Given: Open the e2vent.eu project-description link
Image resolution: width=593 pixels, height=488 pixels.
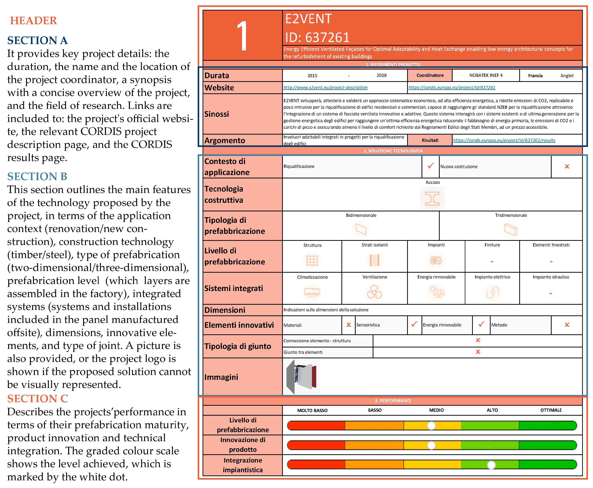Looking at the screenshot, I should (x=325, y=87).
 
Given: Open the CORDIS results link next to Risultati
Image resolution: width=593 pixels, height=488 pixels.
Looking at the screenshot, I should (x=504, y=140).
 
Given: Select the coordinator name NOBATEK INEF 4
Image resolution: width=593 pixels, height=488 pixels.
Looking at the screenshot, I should (x=486, y=75).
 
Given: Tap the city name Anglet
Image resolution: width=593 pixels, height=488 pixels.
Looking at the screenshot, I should (x=567, y=76).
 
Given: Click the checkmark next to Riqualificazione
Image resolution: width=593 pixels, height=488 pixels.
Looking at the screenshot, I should (x=431, y=166).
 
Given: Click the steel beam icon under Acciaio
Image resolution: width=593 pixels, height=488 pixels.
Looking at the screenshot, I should (x=432, y=199).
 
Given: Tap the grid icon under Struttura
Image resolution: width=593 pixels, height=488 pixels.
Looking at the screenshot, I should (x=312, y=260).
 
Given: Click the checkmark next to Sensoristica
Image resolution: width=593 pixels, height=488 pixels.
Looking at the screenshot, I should (x=414, y=324).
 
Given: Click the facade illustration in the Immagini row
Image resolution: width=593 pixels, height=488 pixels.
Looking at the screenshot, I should (x=301, y=376).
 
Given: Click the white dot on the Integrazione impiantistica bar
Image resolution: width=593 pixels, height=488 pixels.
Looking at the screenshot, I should (x=491, y=465).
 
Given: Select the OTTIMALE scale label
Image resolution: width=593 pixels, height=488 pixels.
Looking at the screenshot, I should (x=551, y=410).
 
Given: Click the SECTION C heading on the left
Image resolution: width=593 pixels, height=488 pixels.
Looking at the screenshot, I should (x=38, y=399).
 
